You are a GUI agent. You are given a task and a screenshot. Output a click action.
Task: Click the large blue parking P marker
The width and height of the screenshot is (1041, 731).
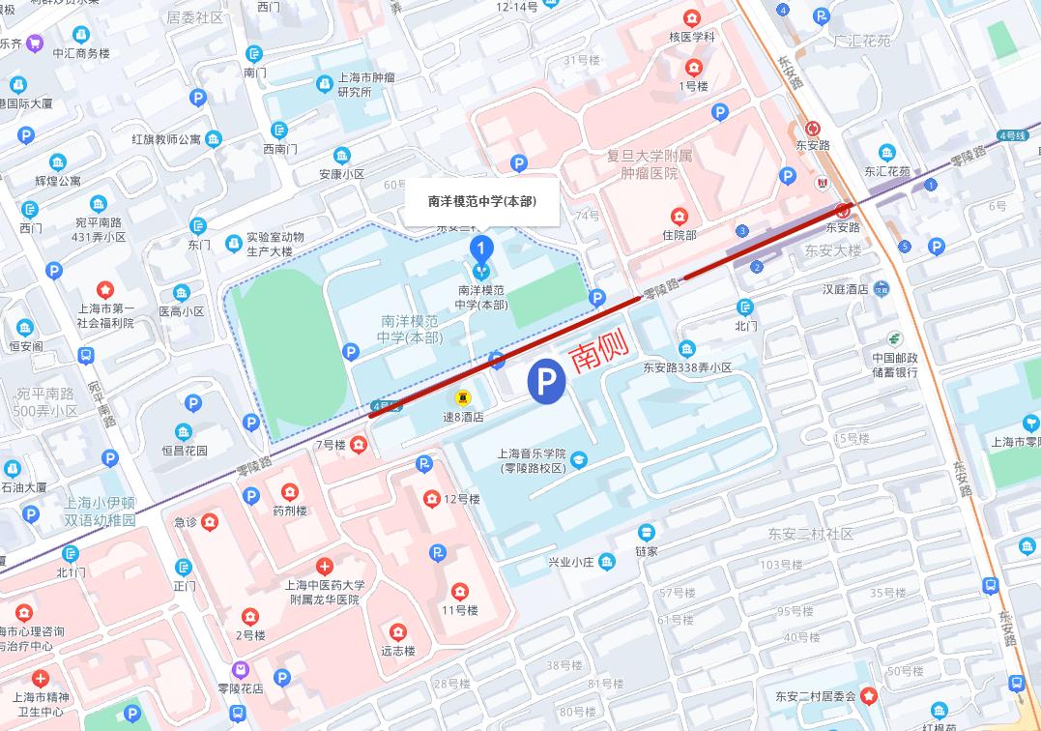point(546,383)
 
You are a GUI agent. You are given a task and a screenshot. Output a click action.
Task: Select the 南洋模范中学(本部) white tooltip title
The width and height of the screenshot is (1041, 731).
point(481,202)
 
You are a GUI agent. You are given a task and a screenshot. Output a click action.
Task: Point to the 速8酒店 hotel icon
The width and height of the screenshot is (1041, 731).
point(463,396)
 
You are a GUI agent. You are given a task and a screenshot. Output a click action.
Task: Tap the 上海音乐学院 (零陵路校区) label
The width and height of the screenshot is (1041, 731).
point(532,460)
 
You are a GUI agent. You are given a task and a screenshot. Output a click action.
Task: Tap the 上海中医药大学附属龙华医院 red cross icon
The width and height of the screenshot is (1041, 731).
point(325,566)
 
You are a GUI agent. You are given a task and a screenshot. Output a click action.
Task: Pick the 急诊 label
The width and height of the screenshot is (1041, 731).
point(185,522)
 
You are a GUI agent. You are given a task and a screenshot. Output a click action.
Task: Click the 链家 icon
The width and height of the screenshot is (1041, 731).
point(646,533)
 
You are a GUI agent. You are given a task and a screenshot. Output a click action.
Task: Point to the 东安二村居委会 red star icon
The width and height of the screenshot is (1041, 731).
point(869,695)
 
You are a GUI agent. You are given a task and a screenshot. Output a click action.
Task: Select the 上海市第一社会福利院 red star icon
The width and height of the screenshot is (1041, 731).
point(104,289)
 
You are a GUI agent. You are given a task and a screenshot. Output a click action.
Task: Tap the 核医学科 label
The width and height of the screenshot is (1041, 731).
point(691,37)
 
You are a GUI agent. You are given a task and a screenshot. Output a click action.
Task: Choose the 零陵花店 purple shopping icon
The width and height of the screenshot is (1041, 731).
point(240,669)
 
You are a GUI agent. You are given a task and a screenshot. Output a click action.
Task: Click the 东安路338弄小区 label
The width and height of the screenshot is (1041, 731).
point(687,367)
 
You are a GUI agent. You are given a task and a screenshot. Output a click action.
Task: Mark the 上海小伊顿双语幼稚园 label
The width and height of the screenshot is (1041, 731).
point(101,512)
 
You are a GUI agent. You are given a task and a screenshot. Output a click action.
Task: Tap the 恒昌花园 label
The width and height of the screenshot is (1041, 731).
point(184,450)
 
